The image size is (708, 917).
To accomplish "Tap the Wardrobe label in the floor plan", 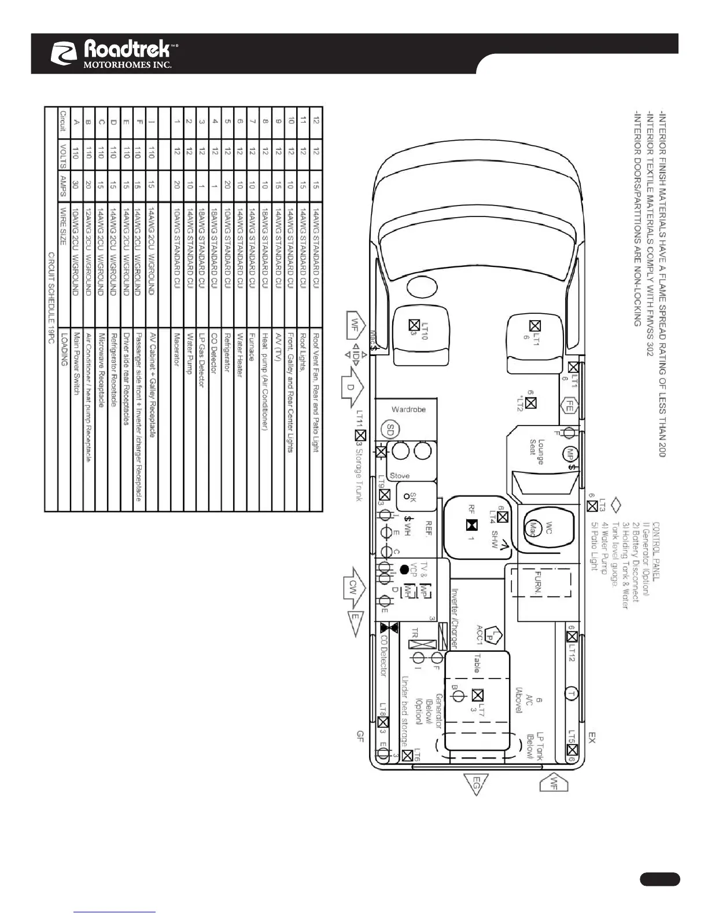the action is click(x=409, y=409).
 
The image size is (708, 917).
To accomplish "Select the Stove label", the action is click(x=400, y=476).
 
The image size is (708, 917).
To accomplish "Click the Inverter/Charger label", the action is click(x=455, y=618).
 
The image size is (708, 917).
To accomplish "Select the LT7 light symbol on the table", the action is click(x=478, y=695).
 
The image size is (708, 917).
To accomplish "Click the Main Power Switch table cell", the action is click(x=76, y=364).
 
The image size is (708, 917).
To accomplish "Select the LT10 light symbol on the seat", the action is click(x=414, y=325).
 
